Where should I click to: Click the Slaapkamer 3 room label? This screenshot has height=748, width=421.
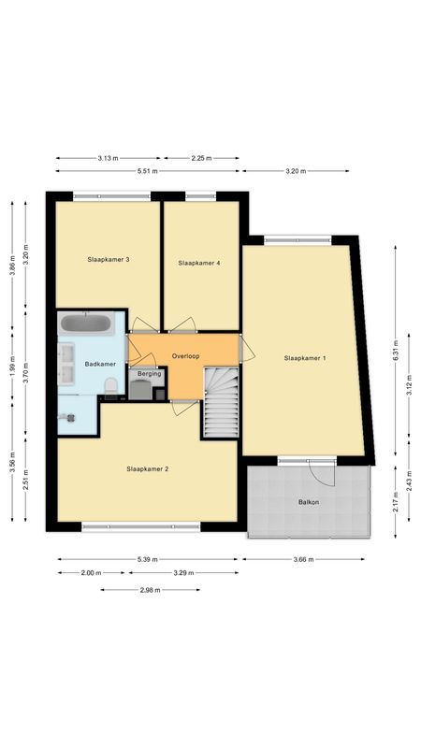click(108, 259)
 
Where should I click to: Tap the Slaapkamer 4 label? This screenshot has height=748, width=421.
click(199, 263)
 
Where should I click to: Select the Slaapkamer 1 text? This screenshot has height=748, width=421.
click(304, 358)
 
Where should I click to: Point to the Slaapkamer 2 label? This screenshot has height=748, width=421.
click(148, 468)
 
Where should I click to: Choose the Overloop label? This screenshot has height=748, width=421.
click(186, 356)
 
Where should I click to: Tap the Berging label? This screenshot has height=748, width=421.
click(149, 373)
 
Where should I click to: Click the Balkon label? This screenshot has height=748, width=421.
click(309, 502)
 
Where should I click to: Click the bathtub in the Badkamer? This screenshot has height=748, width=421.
click(86, 324)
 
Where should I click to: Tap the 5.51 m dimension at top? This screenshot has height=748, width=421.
click(147, 171)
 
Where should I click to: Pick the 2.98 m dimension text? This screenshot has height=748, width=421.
click(150, 590)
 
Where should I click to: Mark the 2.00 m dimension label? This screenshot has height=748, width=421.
click(92, 573)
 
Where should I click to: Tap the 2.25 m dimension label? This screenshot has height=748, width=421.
click(200, 158)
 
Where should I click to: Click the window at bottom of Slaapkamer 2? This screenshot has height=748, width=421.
click(140, 526)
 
